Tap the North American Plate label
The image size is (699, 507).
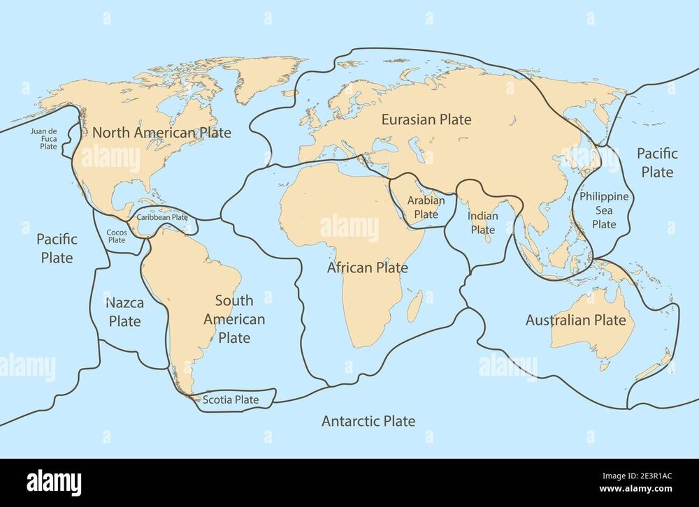pos(161,132)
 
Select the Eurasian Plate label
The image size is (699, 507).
pos(426,119)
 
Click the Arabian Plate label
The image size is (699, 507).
pos(426,207)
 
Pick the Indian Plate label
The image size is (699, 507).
pos(482,223)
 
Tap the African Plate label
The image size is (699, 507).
pos(368,267)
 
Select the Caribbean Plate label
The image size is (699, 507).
pos(161,217)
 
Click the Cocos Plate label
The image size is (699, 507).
pos(116,236)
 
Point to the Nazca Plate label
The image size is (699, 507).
pos(124,312)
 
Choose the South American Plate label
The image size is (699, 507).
pos(234,319)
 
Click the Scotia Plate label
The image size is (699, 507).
pos(230,400)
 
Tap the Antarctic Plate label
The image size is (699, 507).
pos(368,421)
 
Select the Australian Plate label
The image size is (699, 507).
pos(575,321)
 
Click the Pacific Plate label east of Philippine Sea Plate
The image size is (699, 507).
pos(656,162)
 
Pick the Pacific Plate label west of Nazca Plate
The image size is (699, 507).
pos(57,248)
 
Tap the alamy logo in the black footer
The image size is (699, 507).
pos(54,483)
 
